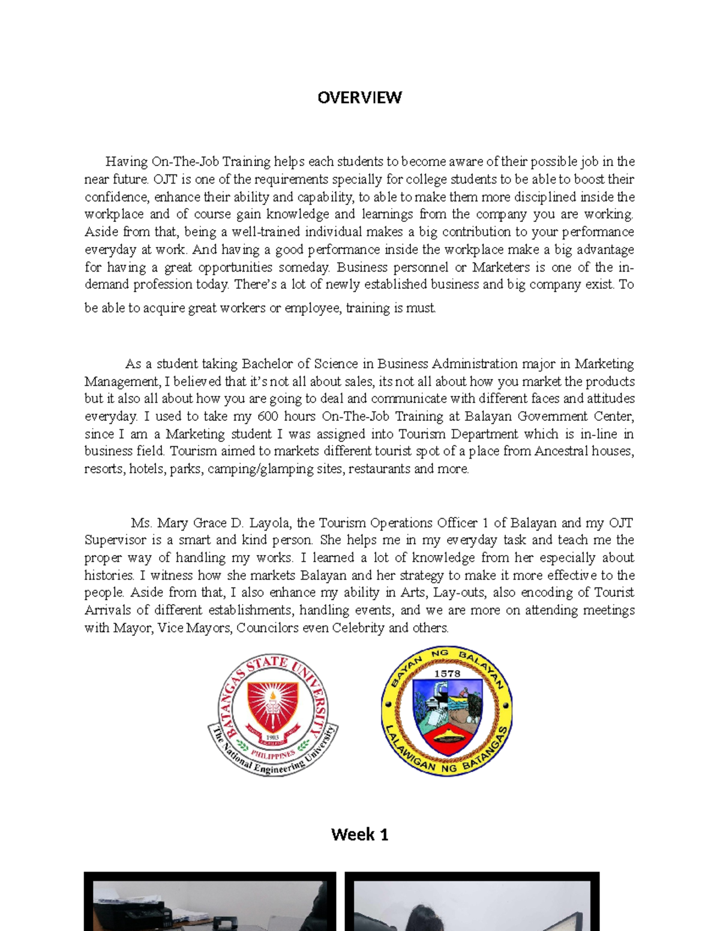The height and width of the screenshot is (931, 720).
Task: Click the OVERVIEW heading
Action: pyautogui.click(x=359, y=98)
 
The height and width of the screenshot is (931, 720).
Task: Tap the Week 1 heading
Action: pyautogui.click(x=359, y=834)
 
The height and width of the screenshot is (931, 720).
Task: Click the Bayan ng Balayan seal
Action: pyautogui.click(x=446, y=711)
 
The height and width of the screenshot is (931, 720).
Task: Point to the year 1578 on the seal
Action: pyautogui.click(x=447, y=673)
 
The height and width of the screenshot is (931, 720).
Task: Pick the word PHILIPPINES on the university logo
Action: pyautogui.click(x=273, y=754)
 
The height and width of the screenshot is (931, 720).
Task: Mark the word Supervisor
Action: pyautogui.click(x=115, y=540)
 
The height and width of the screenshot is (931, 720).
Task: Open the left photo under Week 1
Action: pyautogui.click(x=209, y=902)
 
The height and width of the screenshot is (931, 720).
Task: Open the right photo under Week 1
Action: pyautogui.click(x=472, y=902)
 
